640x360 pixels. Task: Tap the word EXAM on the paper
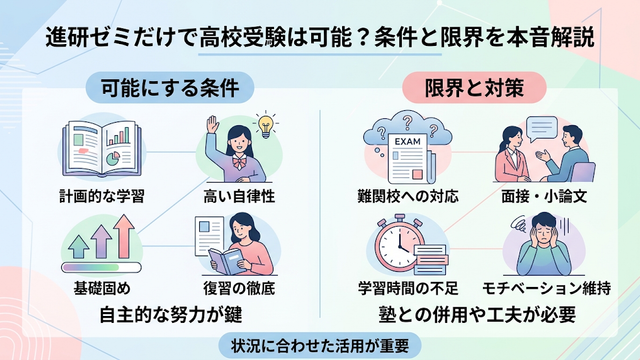tap(407, 142)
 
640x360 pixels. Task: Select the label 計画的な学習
tap(102, 196)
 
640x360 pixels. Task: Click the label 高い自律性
tap(239, 196)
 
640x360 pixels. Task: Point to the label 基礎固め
tap(102, 288)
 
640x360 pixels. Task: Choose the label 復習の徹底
tap(239, 288)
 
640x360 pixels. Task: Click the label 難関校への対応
tap(408, 196)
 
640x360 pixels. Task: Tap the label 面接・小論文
tap(544, 196)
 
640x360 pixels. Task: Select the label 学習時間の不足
tap(408, 288)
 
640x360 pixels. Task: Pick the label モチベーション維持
tap(547, 288)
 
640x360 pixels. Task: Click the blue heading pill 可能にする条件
tap(170, 88)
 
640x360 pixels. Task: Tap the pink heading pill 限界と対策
tap(474, 88)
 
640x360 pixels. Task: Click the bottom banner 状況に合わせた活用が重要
tap(320, 346)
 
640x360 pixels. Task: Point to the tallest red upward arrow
tap(124, 236)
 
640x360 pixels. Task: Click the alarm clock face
tap(398, 246)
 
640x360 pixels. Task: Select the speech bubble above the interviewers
tap(542, 128)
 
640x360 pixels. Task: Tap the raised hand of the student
tap(213, 124)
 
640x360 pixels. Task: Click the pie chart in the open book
tap(113, 158)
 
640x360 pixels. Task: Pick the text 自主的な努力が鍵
tap(171, 315)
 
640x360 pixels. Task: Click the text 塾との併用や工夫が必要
tap(477, 315)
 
